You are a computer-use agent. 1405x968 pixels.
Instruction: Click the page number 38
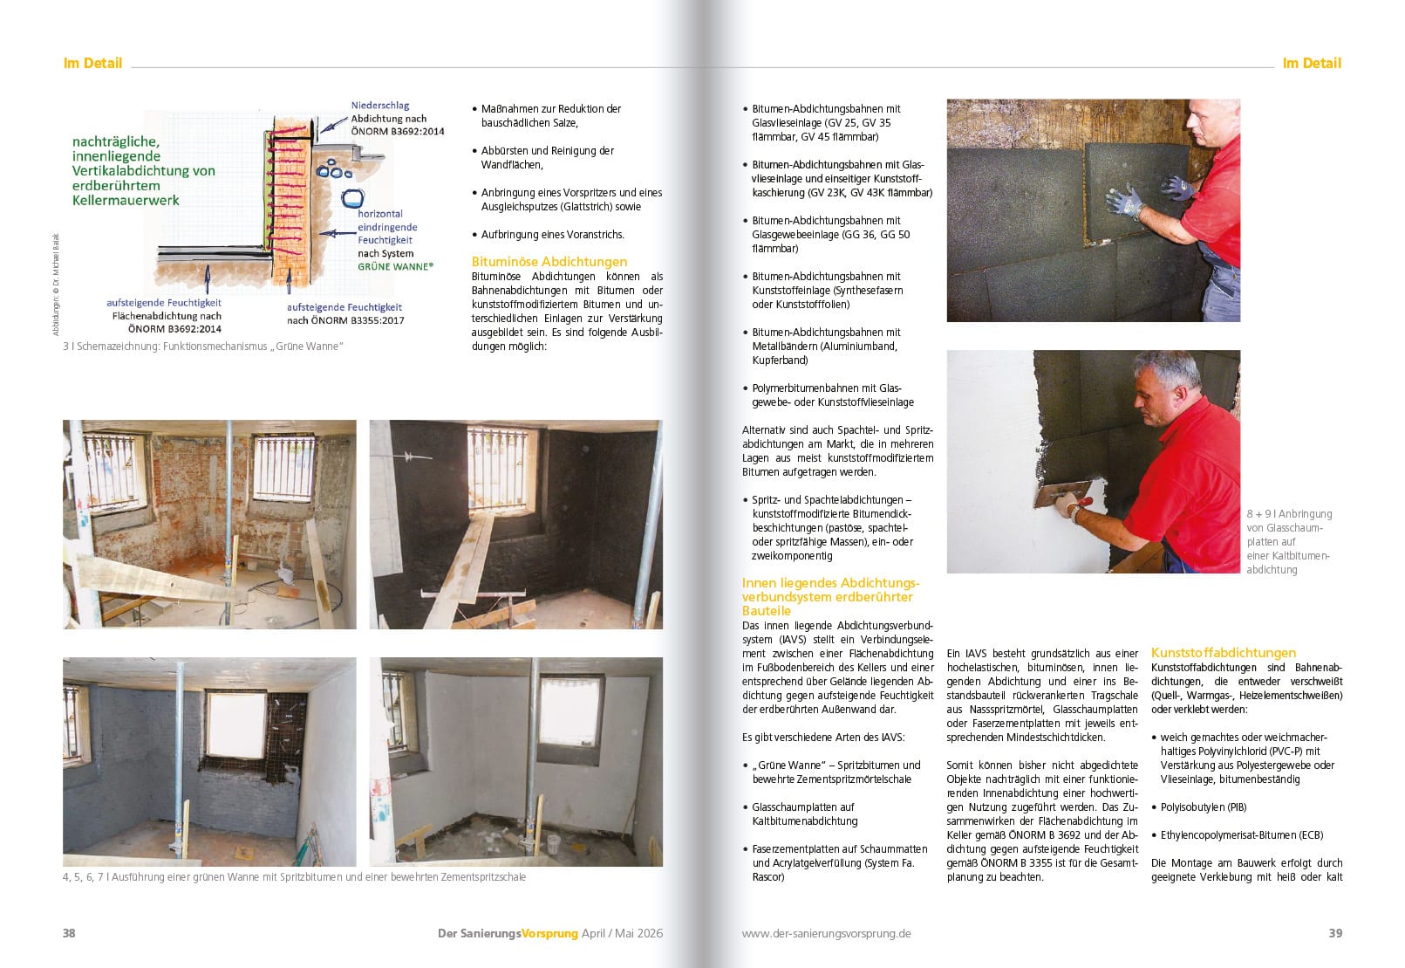click(x=69, y=933)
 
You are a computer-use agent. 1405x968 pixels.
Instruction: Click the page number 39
click(x=1335, y=933)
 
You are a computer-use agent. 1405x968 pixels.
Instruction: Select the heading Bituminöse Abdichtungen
click(x=549, y=261)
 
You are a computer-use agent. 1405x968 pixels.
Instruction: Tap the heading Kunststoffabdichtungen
click(x=1223, y=652)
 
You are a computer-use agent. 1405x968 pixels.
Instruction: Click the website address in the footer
click(x=826, y=933)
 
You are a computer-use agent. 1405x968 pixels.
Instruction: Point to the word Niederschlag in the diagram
click(x=380, y=106)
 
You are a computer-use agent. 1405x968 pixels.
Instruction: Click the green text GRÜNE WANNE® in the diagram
click(x=395, y=266)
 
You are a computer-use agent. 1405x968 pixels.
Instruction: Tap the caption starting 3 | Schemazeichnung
click(x=203, y=347)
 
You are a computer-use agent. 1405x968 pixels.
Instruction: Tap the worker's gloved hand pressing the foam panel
click(x=1124, y=201)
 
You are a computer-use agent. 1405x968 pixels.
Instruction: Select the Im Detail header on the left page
click(x=92, y=63)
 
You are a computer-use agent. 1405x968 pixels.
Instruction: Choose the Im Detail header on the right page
click(x=1312, y=63)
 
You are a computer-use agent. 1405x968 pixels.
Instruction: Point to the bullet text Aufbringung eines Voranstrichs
click(x=552, y=235)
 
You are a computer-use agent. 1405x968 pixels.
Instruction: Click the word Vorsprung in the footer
click(x=549, y=933)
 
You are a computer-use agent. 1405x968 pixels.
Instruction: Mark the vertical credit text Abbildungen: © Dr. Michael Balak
click(x=56, y=284)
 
